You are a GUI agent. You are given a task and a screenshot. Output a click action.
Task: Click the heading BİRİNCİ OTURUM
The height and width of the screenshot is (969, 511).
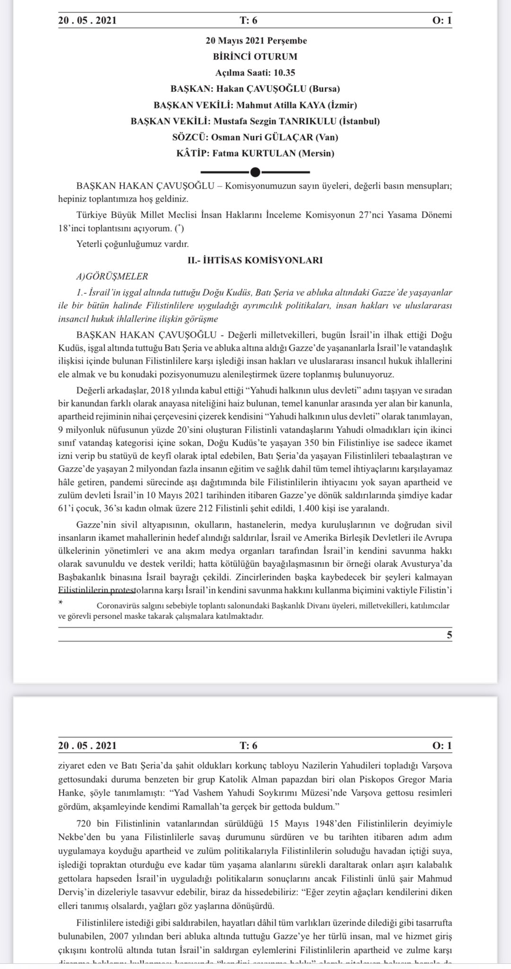point(255,57)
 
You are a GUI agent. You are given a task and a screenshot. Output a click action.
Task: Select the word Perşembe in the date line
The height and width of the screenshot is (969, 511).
point(289,41)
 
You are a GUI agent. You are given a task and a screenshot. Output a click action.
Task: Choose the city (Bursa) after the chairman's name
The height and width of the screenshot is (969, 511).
point(324,89)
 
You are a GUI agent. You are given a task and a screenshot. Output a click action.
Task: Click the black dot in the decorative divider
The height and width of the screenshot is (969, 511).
point(255,172)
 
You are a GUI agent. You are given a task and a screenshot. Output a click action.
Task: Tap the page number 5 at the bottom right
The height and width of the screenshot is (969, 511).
point(449,635)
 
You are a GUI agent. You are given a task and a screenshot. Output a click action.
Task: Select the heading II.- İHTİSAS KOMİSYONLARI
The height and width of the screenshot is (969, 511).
point(255,260)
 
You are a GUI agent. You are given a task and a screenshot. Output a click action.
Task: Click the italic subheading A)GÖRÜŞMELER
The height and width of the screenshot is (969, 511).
point(112,276)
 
